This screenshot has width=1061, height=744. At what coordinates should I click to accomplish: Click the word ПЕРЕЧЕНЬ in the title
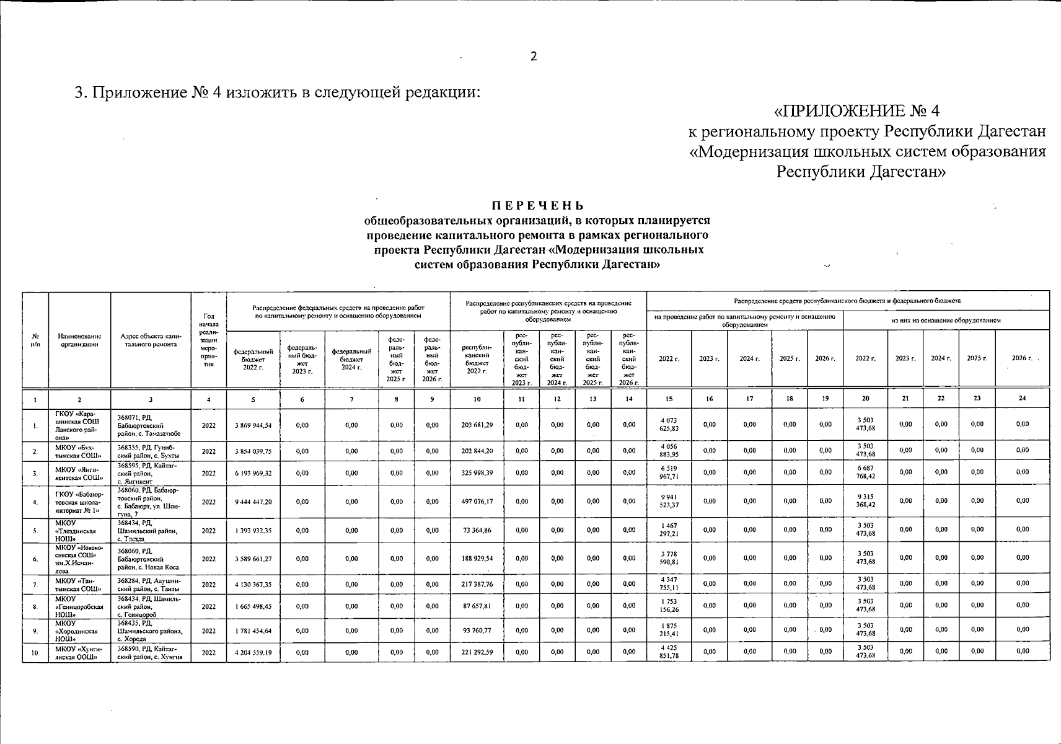(537, 206)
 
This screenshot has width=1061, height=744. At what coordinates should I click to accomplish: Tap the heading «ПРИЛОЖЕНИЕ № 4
(857, 110)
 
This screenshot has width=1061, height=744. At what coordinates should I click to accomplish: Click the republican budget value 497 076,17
(477, 502)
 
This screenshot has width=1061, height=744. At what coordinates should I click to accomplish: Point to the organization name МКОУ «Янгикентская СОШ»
(79, 473)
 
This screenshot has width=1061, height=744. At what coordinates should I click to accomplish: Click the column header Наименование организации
(79, 340)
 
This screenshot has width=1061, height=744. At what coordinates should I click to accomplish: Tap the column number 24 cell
(1022, 398)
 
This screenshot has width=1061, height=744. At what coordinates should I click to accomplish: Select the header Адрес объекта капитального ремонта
(151, 340)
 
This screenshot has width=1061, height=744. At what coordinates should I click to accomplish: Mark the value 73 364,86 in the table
(477, 531)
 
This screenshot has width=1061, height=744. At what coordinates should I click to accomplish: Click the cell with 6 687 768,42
(865, 472)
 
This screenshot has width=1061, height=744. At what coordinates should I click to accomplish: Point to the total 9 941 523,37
(669, 501)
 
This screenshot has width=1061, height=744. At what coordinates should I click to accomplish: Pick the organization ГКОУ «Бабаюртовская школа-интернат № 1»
(79, 502)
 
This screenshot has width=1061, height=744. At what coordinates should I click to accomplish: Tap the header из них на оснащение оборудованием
(946, 320)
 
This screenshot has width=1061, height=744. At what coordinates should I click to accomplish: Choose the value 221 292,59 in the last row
(477, 652)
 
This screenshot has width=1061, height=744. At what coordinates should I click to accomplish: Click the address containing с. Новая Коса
(150, 559)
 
